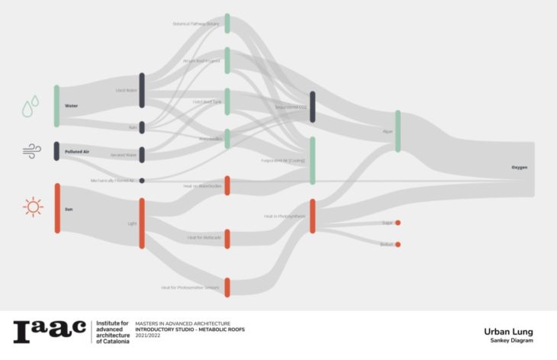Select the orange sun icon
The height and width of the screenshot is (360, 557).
32,207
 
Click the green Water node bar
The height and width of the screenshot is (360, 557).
56,106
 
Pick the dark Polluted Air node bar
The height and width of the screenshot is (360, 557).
56,151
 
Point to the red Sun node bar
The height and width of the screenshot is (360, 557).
56,207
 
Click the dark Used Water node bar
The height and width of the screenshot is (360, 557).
142,90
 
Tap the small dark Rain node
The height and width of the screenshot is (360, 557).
142,127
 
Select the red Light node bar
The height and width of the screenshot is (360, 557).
142,223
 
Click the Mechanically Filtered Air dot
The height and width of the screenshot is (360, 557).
142,181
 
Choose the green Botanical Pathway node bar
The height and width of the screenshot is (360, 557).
227,24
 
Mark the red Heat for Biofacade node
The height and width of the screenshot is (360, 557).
227,238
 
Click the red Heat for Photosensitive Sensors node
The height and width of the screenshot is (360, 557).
227,287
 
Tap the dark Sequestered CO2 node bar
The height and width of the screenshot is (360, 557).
312,106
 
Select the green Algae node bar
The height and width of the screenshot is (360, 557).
398,131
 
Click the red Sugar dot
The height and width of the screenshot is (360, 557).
398,223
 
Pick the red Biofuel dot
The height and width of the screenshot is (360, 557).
398,245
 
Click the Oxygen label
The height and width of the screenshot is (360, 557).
519,167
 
